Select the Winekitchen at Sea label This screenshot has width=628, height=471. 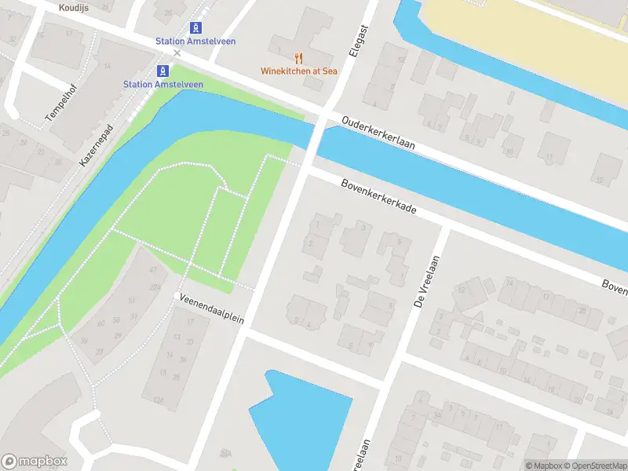(x=299, y=71)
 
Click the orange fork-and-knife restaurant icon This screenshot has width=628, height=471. (x=298, y=57)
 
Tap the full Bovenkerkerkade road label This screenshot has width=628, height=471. (x=378, y=199)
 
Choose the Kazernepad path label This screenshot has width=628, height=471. (x=97, y=144)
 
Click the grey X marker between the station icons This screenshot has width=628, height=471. (x=177, y=53)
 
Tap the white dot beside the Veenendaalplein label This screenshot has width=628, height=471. (x=177, y=295)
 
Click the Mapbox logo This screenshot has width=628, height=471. (x=35, y=462)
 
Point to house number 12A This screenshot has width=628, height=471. (x=159, y=400)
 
